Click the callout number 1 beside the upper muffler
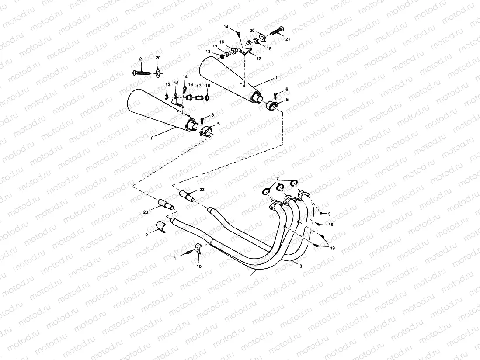[x=275, y=77]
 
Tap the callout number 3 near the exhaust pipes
[x=301, y=265]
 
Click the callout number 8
[x=330, y=214]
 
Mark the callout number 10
[x=199, y=266]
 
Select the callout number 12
[x=259, y=59]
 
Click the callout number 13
[x=176, y=83]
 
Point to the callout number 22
[x=202, y=189]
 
